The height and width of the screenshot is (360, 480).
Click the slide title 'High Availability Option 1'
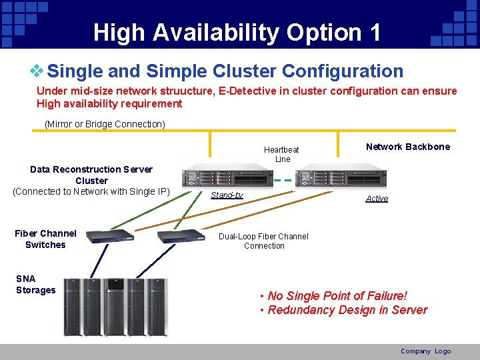pyautogui.click(x=237, y=32)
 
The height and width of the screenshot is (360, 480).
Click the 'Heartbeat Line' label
pyautogui.click(x=282, y=154)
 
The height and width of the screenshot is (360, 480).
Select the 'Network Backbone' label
pyautogui.click(x=408, y=147)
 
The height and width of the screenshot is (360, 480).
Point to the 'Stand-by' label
pyautogui.click(x=227, y=195)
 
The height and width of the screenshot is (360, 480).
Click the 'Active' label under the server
pyautogui.click(x=377, y=199)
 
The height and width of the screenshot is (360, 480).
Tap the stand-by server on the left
pyautogui.click(x=227, y=176)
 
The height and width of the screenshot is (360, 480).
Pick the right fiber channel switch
pyautogui.click(x=181, y=235)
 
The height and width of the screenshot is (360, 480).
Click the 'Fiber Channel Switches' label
pyautogui.click(x=45, y=239)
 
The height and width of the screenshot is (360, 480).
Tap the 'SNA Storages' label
pyautogui.click(x=36, y=284)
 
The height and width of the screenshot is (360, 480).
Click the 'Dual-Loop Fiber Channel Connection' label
pyautogui.click(x=264, y=241)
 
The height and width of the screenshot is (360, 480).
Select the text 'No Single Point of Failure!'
pyautogui.click(x=337, y=295)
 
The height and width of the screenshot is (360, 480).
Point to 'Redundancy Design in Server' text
pyautogui.click(x=347, y=310)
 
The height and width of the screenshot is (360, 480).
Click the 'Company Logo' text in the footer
pyautogui.click(x=425, y=351)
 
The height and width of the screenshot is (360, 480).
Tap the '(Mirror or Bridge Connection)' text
pyautogui.click(x=105, y=124)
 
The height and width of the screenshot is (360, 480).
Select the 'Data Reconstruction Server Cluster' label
pyautogui.click(x=91, y=175)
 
